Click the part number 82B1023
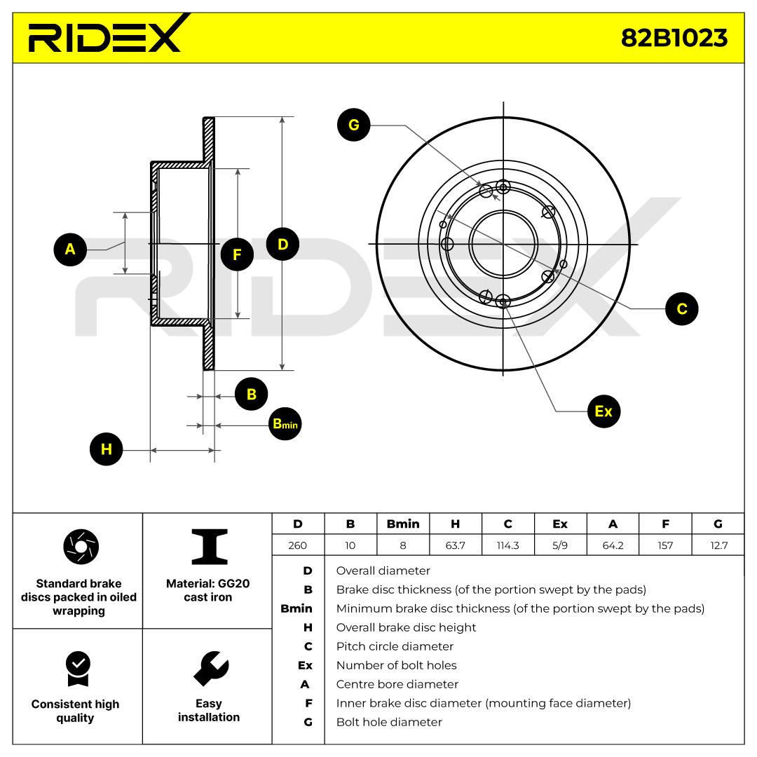pos(674,38)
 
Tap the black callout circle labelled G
pos(353,125)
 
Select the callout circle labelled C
pos(681,308)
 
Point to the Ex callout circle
pos(603,411)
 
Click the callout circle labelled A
pos(70,249)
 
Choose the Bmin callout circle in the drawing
pos(285,424)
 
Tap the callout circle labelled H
pos(107,449)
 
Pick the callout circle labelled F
pos(237,254)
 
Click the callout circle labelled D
pos(283,245)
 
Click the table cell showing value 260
pos(298,545)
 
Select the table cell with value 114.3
pos(507,545)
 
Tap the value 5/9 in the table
pos(560,545)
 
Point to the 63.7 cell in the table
pos(455,545)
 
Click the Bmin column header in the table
pos(403,524)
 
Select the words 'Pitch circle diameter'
pos(395,646)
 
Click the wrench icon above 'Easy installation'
pos(209,668)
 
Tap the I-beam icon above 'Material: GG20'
pos(209,547)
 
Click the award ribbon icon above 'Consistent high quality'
pos(77,669)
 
